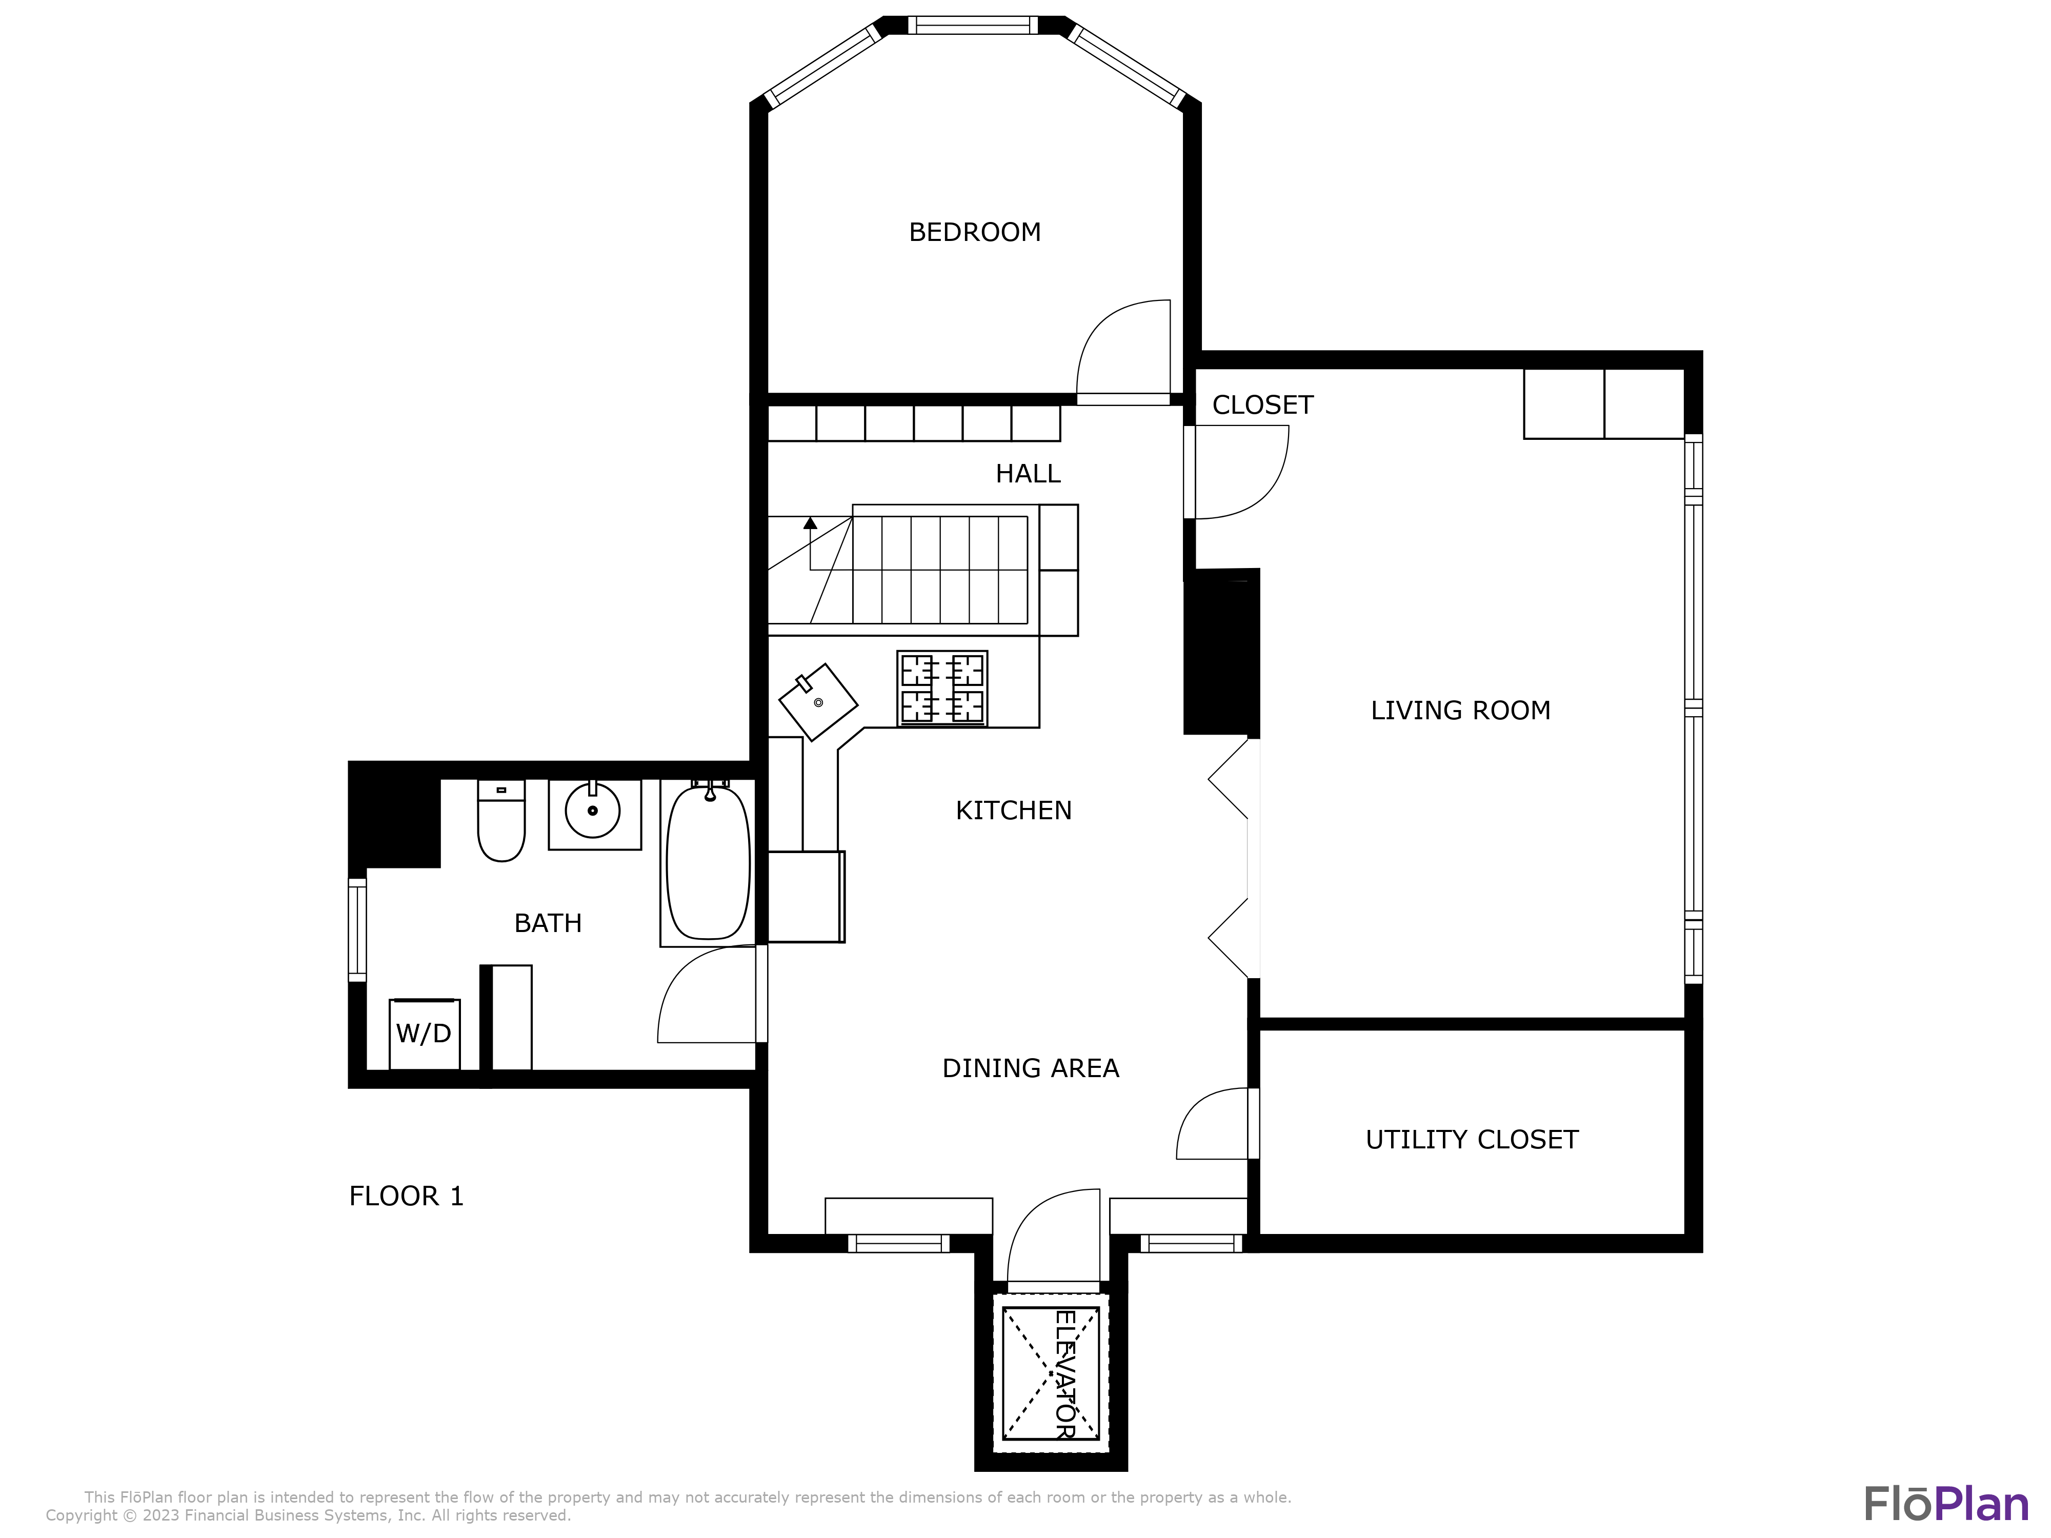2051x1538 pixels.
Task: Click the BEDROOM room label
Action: tap(975, 232)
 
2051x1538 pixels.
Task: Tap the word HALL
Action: tap(1028, 474)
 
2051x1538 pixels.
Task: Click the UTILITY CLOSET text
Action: tap(1472, 1139)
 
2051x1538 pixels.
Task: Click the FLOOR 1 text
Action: tap(405, 1196)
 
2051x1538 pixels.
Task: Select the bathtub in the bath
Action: tap(708, 862)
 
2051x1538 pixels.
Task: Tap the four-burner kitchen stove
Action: tap(941, 688)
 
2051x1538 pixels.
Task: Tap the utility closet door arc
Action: tap(1205, 1117)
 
